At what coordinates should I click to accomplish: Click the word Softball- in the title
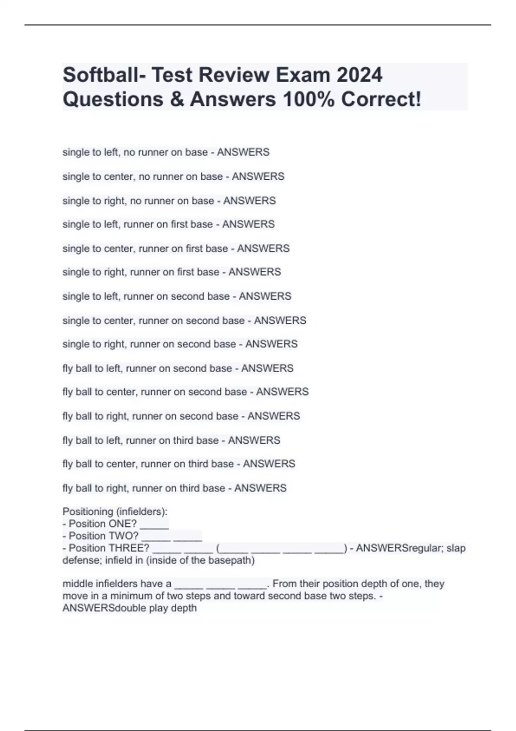(x=103, y=75)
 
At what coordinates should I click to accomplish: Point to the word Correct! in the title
(x=381, y=99)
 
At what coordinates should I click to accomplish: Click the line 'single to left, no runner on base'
(x=166, y=152)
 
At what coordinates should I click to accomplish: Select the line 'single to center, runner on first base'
(x=176, y=249)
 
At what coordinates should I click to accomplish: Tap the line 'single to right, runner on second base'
(x=180, y=344)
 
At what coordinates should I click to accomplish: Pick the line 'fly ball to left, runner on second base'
(x=178, y=368)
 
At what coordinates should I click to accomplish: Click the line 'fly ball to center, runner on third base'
(x=178, y=464)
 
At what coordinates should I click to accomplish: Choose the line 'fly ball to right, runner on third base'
(x=174, y=488)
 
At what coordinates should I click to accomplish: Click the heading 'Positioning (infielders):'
(x=115, y=512)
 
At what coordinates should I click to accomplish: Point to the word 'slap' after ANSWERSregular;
(x=456, y=548)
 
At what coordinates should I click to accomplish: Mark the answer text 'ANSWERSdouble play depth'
(x=129, y=608)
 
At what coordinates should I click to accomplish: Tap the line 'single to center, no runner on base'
(x=173, y=176)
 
